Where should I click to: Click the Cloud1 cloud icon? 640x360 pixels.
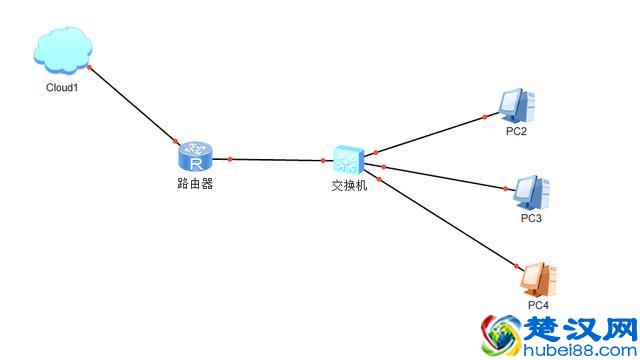[x=62, y=50]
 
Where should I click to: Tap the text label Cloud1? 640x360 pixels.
[x=62, y=87]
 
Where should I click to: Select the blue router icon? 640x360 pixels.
[x=195, y=156]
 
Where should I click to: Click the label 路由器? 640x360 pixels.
[x=195, y=184]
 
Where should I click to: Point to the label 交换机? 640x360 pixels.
[x=349, y=185]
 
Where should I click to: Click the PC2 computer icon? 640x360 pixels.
[x=517, y=103]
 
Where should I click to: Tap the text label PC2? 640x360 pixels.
[x=516, y=131]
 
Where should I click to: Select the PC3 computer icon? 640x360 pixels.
[x=527, y=190]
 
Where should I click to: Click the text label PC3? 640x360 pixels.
[x=530, y=217]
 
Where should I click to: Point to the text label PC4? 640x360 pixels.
[x=538, y=304]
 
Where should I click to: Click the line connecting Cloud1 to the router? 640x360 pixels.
[x=135, y=106]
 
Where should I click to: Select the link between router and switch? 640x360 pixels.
[x=280, y=159]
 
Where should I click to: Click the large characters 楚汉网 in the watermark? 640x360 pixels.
[x=579, y=331]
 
